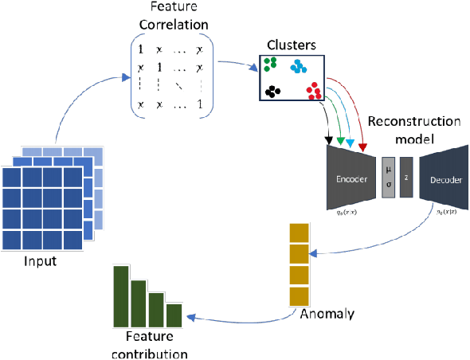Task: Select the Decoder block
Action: (445, 179)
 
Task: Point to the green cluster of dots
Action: (272, 63)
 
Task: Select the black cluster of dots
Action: (273, 91)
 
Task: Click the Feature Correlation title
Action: (174, 17)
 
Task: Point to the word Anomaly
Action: (327, 313)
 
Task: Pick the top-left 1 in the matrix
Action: (141, 49)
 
